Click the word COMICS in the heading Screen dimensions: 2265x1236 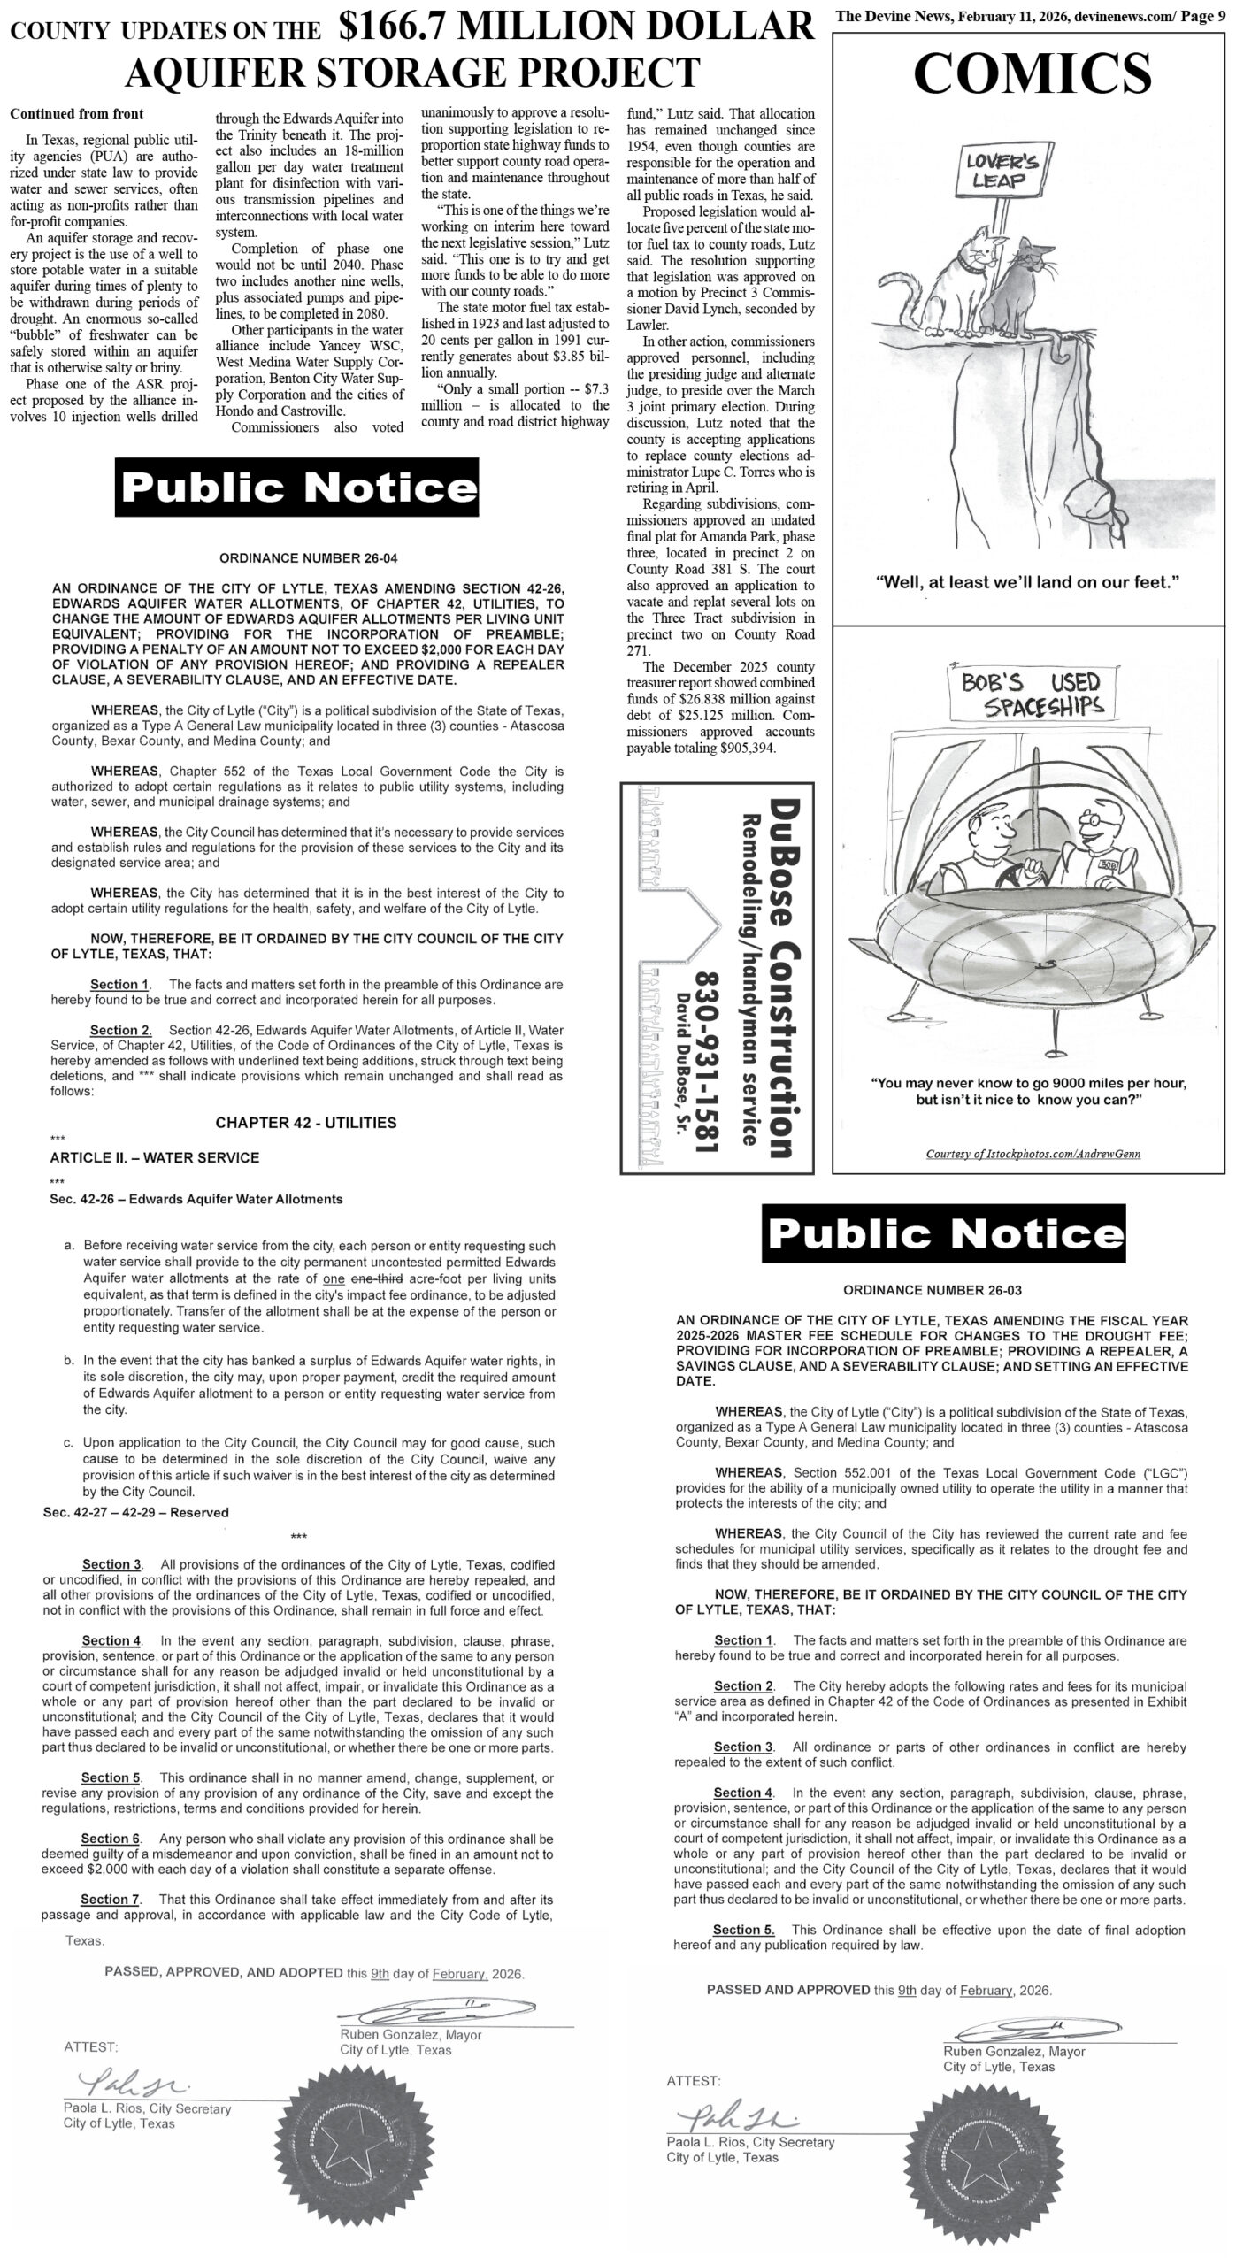pyautogui.click(x=1032, y=73)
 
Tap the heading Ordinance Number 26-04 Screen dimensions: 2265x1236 pyautogui.click(x=302, y=558)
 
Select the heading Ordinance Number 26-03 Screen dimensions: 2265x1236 pyautogui.click(x=932, y=1290)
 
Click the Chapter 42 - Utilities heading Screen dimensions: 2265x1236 pyautogui.click(x=306, y=1123)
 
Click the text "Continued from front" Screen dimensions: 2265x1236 pyautogui.click(x=77, y=114)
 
